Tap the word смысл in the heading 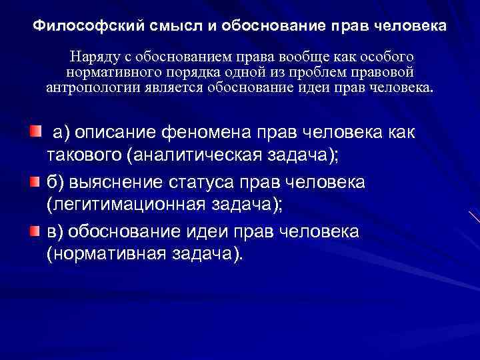(x=152, y=27)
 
